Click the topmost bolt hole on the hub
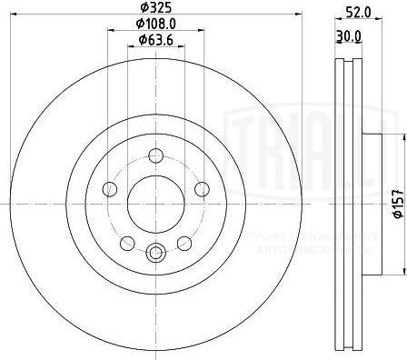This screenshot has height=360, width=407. click(x=155, y=155)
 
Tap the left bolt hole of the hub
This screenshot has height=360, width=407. click(x=111, y=188)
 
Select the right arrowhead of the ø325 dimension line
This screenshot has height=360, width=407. click(x=293, y=26)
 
